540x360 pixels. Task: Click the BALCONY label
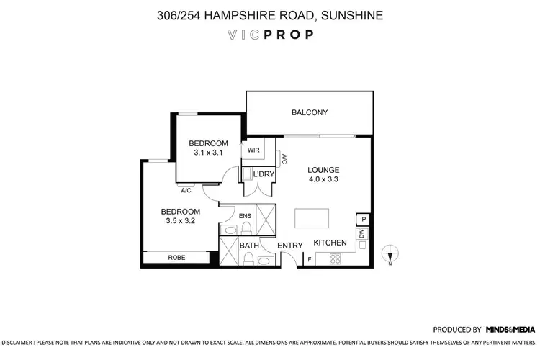point(310,112)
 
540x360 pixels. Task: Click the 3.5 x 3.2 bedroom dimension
point(179,221)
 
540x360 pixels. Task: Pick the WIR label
point(253,151)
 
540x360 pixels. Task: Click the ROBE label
point(176,257)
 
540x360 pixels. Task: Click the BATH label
point(249,246)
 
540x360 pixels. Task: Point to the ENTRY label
point(290,246)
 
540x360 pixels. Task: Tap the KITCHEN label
point(330,243)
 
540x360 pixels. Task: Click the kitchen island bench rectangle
point(311,218)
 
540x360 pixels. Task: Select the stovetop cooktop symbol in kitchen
point(336,259)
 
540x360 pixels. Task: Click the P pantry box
point(364,220)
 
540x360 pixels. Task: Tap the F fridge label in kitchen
point(310,259)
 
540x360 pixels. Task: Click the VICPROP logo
point(270,34)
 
